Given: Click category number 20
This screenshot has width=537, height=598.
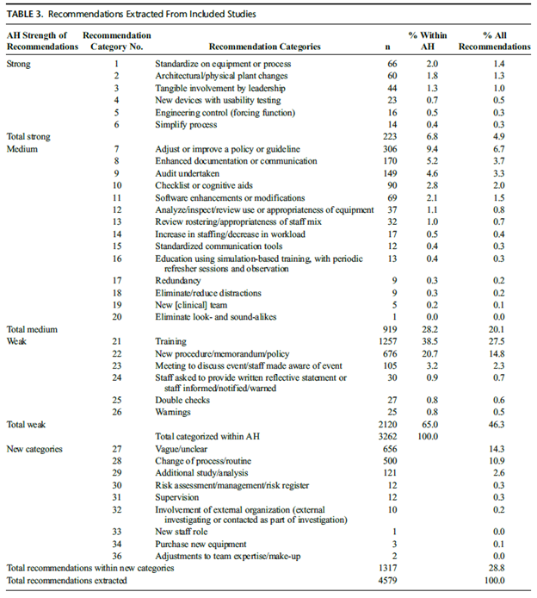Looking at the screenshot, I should [x=116, y=316].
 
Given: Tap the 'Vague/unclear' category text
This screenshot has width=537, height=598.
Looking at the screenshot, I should [x=182, y=449].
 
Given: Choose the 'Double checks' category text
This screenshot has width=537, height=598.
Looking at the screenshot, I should [x=182, y=401].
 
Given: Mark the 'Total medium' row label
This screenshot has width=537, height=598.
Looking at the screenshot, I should [x=30, y=328].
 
